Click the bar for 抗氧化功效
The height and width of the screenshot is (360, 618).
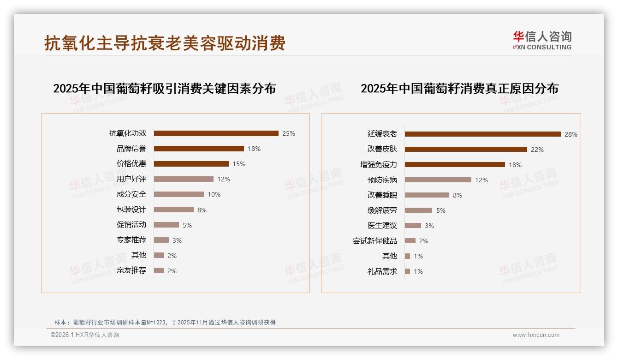216,133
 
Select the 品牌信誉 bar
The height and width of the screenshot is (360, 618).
199,149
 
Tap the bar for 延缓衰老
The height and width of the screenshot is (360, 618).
482,134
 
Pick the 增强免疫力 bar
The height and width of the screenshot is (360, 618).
455,165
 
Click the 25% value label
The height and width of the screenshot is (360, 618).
289,133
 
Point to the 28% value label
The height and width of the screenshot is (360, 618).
570,134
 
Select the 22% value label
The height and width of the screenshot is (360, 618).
537,150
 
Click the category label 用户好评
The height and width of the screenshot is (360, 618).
131,179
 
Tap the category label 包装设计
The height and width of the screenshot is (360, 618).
131,210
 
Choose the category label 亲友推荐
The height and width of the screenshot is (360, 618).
131,270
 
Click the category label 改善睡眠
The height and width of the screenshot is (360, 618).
382,195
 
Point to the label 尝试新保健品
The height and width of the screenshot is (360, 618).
375,241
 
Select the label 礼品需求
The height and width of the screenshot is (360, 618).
382,271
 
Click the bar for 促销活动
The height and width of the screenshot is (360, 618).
166,225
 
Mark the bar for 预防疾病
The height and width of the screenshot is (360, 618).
438,180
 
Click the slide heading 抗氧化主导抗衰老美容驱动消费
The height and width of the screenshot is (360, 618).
165,43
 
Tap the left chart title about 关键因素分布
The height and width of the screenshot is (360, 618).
164,89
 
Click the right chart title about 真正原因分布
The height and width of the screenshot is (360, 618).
459,89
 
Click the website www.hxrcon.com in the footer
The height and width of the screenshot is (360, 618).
536,335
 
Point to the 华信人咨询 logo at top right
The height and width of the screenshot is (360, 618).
542,41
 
